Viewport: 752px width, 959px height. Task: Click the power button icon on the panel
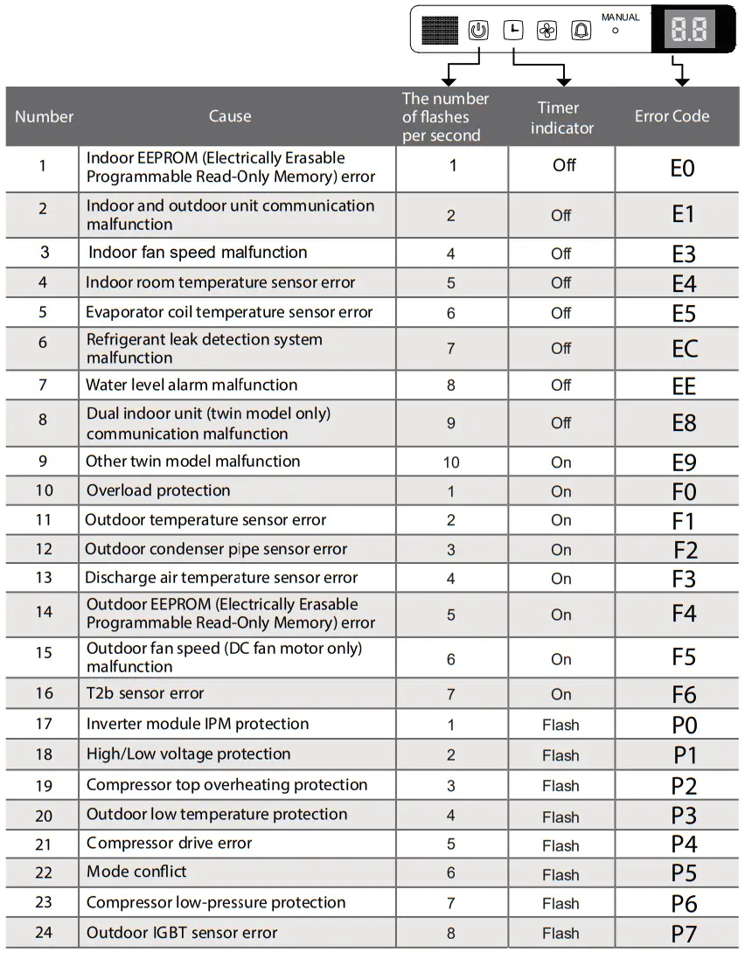click(x=478, y=31)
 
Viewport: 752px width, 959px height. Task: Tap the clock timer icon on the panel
click(x=513, y=31)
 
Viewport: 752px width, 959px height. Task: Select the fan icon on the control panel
click(x=547, y=31)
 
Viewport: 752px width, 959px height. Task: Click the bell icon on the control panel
click(x=581, y=31)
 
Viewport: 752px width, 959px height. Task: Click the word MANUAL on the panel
click(x=620, y=17)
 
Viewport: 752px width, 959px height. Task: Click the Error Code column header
click(x=672, y=116)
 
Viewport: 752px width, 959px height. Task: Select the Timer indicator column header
click(x=561, y=118)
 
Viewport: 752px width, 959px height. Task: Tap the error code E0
click(x=682, y=168)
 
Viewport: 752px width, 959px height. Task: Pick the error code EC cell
click(x=685, y=349)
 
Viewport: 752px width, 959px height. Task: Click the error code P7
click(x=684, y=934)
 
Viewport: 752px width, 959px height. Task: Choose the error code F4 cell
click(x=684, y=614)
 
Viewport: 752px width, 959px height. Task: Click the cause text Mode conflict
click(x=136, y=872)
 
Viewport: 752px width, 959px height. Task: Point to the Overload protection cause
click(x=158, y=490)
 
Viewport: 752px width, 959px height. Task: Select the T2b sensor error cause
click(x=145, y=693)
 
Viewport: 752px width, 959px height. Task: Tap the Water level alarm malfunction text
click(x=191, y=385)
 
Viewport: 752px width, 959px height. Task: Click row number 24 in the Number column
click(x=44, y=933)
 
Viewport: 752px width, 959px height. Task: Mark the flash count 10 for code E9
click(x=451, y=462)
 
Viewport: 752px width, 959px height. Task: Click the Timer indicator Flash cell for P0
click(x=561, y=725)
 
